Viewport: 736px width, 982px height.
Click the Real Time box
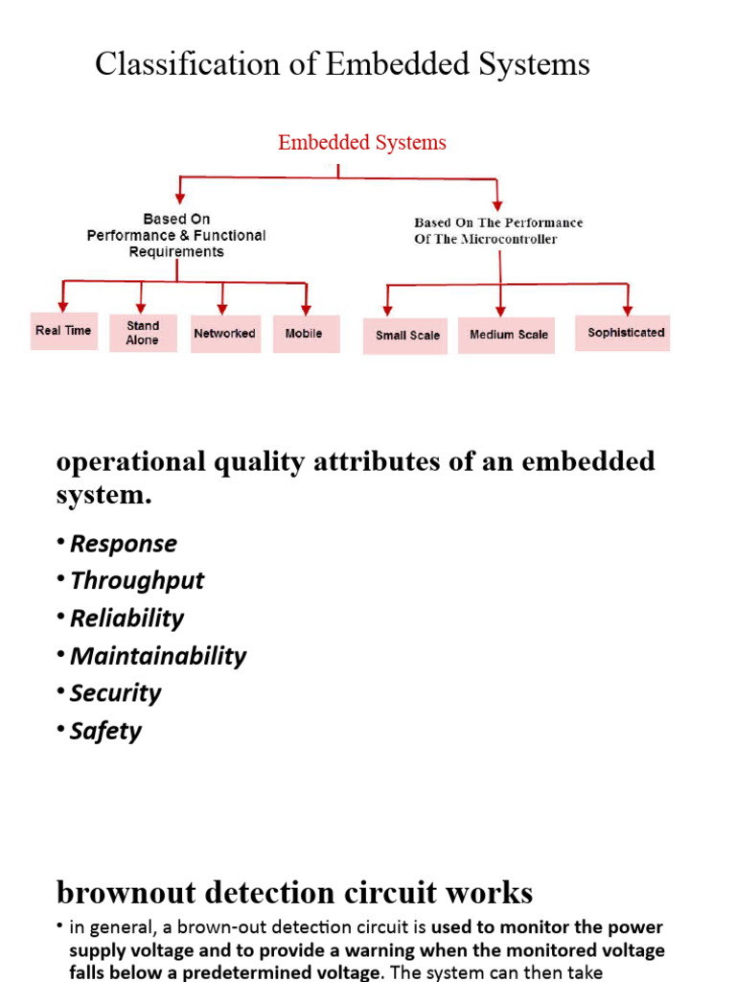[64, 331]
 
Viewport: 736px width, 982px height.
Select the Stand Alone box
[143, 333]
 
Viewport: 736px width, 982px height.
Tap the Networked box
[225, 334]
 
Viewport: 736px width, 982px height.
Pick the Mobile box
[306, 334]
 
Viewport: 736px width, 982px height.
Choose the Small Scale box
[405, 336]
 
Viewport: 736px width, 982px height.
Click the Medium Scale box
[506, 335]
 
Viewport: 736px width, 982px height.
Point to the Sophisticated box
[622, 333]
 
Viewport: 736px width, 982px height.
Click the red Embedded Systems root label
[362, 143]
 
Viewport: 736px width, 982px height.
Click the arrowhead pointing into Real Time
[62, 307]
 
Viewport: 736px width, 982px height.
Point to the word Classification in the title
[188, 64]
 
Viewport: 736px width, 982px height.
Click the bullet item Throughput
[137, 581]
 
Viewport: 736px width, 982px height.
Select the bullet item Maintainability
[158, 656]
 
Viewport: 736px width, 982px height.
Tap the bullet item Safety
[105, 731]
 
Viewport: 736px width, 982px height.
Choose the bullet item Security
[116, 693]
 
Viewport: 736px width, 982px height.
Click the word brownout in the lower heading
[126, 893]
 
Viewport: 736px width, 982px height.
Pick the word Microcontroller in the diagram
[509, 239]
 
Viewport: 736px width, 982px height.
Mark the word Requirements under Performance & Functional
[176, 252]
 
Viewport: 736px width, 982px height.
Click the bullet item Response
[124, 544]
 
